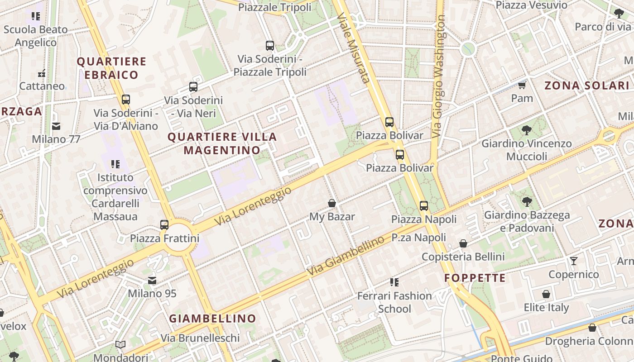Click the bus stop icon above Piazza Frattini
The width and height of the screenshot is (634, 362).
pyautogui.click(x=164, y=224)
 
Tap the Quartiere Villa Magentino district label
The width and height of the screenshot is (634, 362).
pyautogui.click(x=222, y=143)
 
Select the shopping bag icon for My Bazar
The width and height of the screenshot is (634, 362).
pyautogui.click(x=332, y=203)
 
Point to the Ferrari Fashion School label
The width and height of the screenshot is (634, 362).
pyautogui.click(x=394, y=302)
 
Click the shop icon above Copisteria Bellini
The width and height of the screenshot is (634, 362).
pyautogui.click(x=463, y=243)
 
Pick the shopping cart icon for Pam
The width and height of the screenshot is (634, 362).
pyautogui.click(x=522, y=85)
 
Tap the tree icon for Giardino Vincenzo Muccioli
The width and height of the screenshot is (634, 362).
pyautogui.click(x=526, y=130)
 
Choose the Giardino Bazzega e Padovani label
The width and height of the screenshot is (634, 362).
pyautogui.click(x=527, y=221)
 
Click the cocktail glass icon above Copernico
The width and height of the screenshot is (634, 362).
pyautogui.click(x=574, y=261)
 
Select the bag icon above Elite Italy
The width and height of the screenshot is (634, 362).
pyautogui.click(x=546, y=294)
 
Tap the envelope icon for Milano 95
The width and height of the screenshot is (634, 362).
pyautogui.click(x=152, y=281)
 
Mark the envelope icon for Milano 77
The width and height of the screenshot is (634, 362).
pyautogui.click(x=56, y=126)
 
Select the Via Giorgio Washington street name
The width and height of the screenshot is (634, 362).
pyautogui.click(x=438, y=77)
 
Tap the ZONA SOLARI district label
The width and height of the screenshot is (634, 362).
pyautogui.click(x=586, y=86)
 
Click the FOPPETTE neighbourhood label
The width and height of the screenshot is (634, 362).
pyautogui.click(x=475, y=278)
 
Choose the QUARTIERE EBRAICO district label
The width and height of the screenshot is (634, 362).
pyautogui.click(x=111, y=68)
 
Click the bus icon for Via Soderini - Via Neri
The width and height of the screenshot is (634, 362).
pyautogui.click(x=193, y=87)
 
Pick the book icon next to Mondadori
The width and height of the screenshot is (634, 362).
pyautogui.click(x=120, y=345)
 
